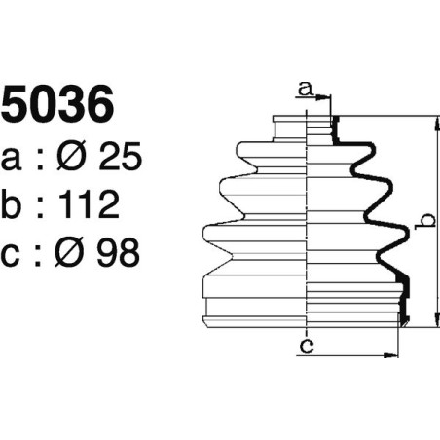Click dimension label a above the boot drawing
click(306, 90)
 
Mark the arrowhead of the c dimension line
click(394, 353)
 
